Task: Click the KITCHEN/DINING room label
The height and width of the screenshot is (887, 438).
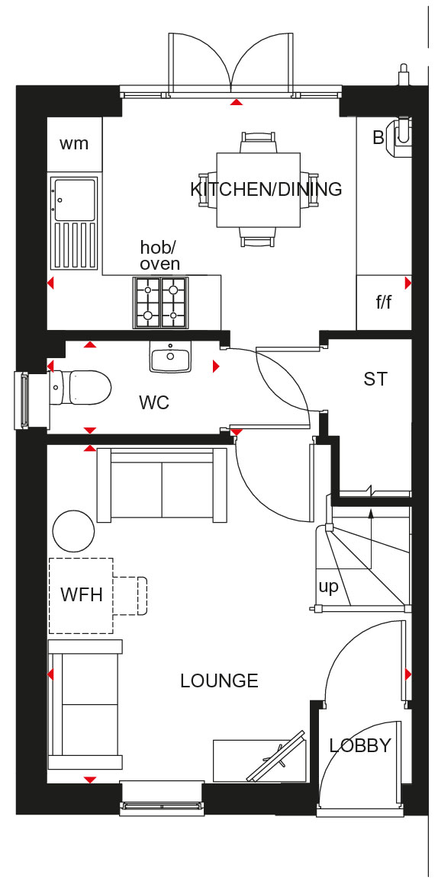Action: (266, 189)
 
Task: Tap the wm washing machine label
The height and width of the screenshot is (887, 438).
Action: (74, 144)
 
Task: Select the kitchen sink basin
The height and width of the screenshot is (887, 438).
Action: (74, 199)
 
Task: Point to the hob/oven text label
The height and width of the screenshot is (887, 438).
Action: (160, 255)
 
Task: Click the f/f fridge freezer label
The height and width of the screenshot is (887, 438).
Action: (384, 303)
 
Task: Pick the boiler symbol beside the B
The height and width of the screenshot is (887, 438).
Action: (399, 136)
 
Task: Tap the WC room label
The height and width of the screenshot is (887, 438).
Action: (154, 403)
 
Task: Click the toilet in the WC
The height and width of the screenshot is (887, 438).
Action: (80, 388)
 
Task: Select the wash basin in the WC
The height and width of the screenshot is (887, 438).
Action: (170, 357)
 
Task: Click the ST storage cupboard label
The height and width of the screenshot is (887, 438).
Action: (375, 379)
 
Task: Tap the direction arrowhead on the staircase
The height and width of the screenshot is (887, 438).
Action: (371, 514)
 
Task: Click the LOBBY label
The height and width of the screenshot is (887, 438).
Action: (360, 745)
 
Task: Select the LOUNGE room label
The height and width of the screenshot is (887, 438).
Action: (219, 680)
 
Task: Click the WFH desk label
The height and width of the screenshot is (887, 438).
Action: (82, 595)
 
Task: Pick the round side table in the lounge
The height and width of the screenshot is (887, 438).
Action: (74, 530)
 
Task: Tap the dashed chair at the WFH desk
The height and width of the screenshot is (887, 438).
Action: (130, 596)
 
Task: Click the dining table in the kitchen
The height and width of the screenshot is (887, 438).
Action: (259, 190)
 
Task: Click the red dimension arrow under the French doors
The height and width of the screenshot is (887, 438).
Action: (237, 102)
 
